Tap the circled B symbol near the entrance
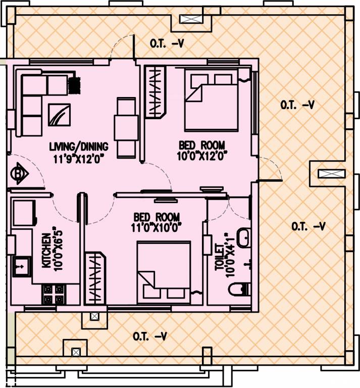[x=19, y=174]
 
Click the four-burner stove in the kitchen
[x=54, y=295]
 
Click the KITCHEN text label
[x=46, y=250]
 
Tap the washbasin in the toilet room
[x=243, y=238]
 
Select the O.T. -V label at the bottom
[x=150, y=336]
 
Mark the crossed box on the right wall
[x=327, y=174]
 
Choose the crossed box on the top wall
[x=194, y=19]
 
